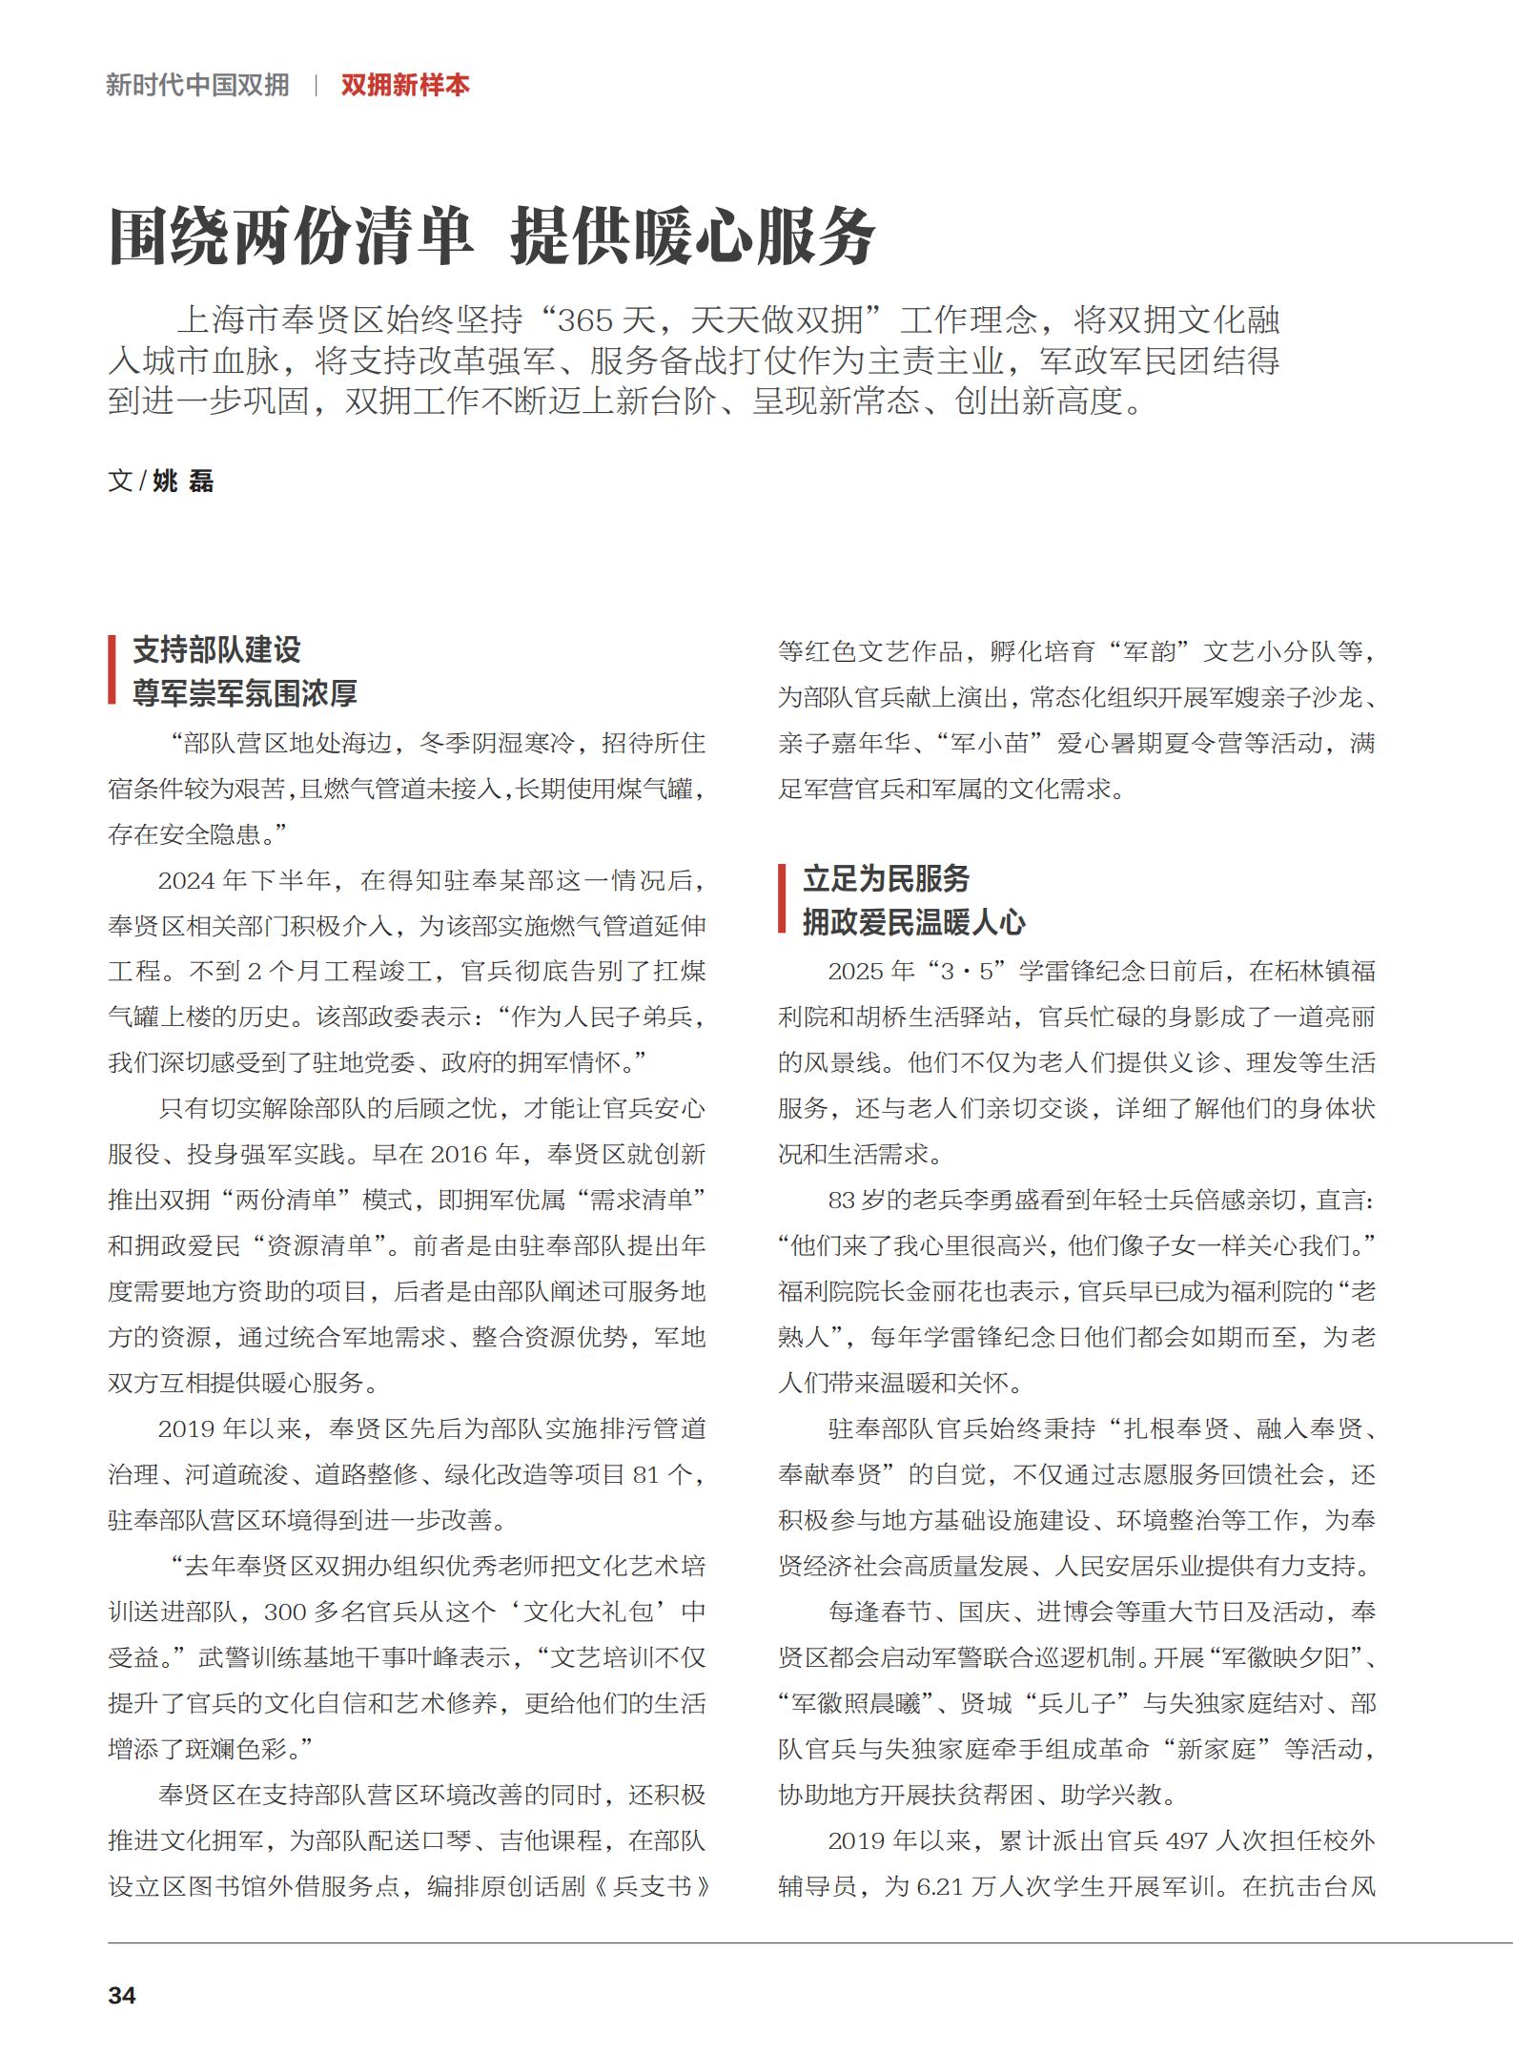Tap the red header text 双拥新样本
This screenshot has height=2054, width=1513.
click(405, 85)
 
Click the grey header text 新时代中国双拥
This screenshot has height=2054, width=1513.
click(197, 85)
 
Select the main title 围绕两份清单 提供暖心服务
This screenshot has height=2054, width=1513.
click(492, 236)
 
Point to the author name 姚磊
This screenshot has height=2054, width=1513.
click(182, 481)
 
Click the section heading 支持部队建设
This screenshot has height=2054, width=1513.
click(216, 650)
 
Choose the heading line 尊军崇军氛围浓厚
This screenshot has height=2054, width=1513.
click(245, 693)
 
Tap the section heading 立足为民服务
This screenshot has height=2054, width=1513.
click(887, 878)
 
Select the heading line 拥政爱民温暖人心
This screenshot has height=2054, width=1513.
click(914, 922)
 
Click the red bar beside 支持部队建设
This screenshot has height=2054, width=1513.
click(112, 670)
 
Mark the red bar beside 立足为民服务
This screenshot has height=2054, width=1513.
click(782, 899)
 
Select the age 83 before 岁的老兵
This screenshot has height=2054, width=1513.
click(842, 1201)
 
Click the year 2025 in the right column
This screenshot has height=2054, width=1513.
click(857, 972)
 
